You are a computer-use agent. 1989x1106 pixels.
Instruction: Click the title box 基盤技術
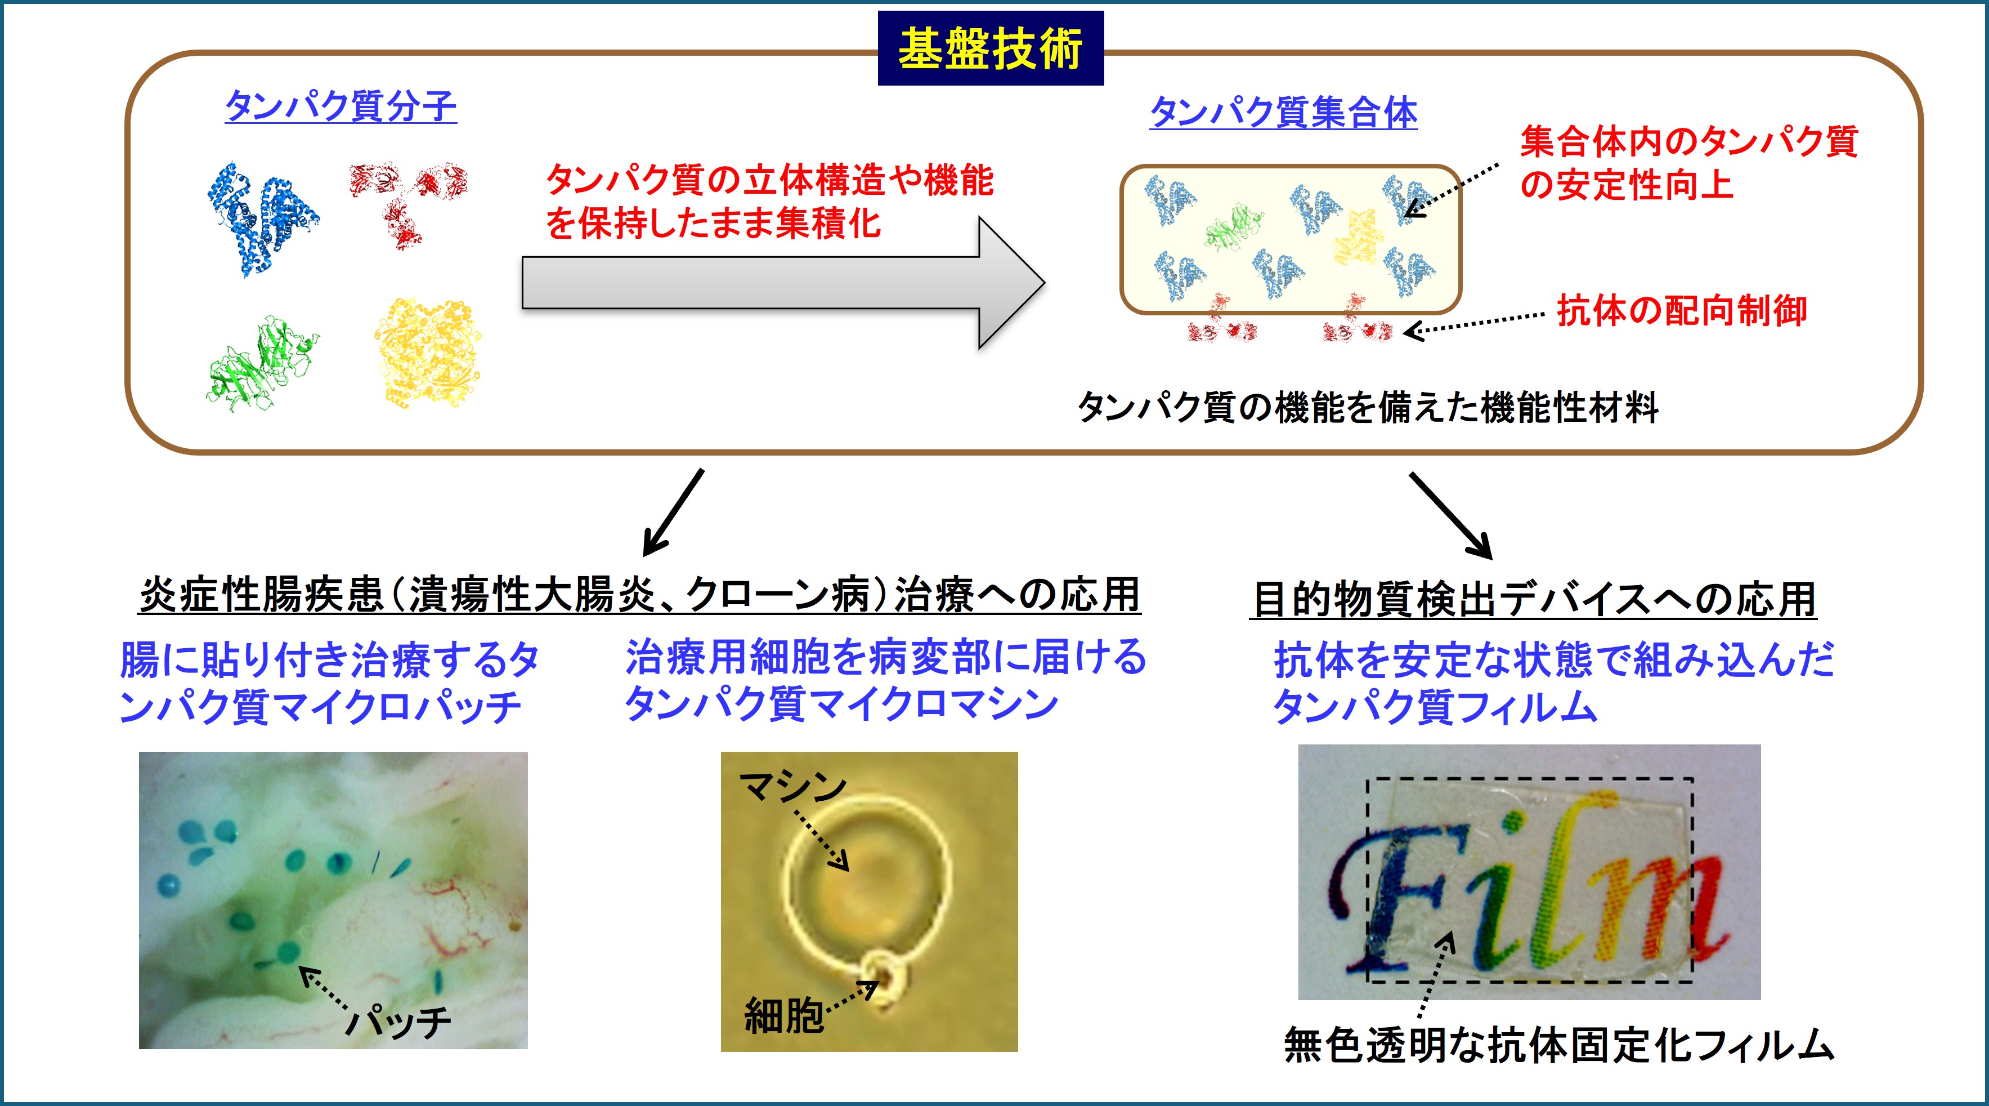991,48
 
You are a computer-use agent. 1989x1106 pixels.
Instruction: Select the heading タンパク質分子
341,106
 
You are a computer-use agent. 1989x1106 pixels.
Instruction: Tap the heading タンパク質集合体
1283,113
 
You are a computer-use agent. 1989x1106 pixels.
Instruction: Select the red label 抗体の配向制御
1682,310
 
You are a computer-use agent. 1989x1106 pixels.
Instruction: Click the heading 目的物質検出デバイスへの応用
1533,599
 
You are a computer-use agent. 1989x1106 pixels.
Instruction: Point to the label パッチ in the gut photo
398,1021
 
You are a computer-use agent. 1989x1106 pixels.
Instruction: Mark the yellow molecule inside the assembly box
1356,237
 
